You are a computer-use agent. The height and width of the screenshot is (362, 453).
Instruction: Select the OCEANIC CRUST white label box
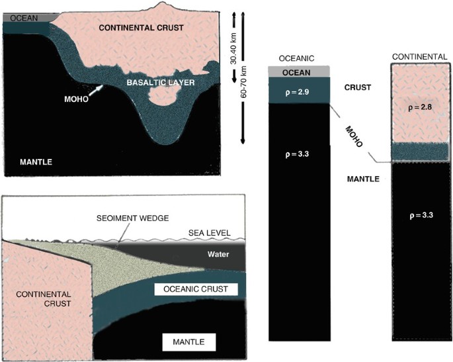coord(192,289)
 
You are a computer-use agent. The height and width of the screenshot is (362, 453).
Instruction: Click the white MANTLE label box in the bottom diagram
coord(190,342)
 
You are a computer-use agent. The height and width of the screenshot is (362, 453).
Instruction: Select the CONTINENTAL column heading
coord(419,58)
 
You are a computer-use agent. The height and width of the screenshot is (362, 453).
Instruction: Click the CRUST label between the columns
coord(358,87)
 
